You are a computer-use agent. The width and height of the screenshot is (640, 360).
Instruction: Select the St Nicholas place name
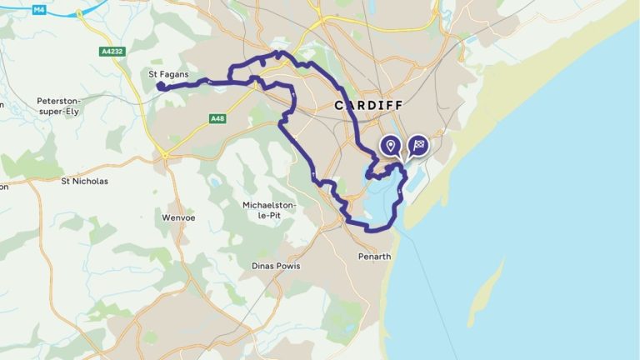coord(85,180)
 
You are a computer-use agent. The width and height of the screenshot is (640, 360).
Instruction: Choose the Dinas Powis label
coord(275,266)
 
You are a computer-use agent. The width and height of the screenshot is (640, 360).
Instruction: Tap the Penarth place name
coord(373,256)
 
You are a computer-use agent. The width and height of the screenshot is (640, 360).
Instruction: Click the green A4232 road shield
coord(112,51)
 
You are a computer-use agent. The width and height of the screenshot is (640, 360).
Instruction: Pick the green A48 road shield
coord(217,119)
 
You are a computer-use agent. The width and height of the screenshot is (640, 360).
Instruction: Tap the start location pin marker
coord(389,147)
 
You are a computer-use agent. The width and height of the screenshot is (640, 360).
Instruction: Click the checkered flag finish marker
coord(417,146)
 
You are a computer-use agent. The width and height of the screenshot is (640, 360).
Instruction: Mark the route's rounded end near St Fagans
coord(159,85)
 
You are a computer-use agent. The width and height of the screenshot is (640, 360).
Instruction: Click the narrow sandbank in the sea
coord(487,292)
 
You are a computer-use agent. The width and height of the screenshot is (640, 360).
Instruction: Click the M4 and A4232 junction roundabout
coord(79,14)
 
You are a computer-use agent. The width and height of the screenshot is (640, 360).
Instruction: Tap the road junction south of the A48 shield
coord(165,154)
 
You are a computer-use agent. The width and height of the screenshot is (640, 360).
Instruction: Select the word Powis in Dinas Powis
coord(286,266)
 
